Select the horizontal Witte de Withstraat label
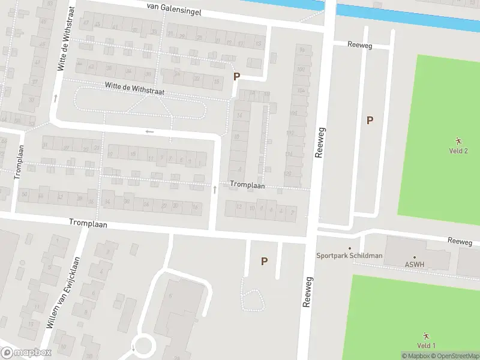pyautogui.click(x=134, y=89)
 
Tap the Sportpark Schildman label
pyautogui.click(x=349, y=256)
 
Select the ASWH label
pyautogui.click(x=414, y=263)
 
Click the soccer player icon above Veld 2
pyautogui.click(x=458, y=140)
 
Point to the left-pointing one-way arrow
pyautogui.click(x=149, y=131)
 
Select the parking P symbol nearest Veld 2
pyautogui.click(x=370, y=120)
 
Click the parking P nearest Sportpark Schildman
pyautogui.click(x=263, y=261)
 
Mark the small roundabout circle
pyautogui.click(x=144, y=346)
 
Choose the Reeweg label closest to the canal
pyautogui.click(x=361, y=44)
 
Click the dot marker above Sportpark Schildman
pyautogui.click(x=350, y=248)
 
